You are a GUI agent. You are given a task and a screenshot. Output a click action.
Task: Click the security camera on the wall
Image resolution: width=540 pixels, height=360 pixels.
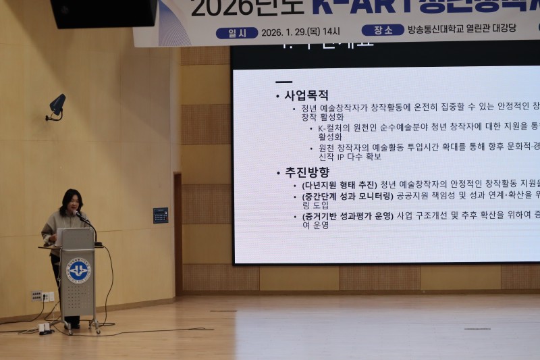pos(57,105)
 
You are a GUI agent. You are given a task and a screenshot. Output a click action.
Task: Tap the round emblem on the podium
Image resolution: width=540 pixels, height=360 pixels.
pos(78,270)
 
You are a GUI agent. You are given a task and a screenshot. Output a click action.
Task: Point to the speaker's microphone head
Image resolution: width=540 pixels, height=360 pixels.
pos(77,213)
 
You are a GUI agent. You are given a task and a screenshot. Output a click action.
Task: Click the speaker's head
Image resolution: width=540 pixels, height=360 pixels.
pos(71,201)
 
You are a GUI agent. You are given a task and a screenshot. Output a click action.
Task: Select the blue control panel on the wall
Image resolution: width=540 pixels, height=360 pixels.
pos(161,215)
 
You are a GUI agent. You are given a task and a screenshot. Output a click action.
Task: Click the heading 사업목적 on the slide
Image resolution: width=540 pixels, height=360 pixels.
pos(306,95)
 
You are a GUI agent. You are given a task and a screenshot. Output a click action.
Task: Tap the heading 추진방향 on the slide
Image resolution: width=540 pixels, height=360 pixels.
pos(306,172)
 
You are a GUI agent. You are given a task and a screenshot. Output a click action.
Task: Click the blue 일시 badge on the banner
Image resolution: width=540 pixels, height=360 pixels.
pos(236,32)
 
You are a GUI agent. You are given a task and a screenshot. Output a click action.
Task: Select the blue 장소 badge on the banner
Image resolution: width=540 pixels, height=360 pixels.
pos(383,30)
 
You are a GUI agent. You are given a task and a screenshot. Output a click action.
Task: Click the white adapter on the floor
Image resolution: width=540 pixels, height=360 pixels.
pos(45,328)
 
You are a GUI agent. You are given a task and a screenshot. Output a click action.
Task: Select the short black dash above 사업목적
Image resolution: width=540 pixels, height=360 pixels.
pos(283,82)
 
